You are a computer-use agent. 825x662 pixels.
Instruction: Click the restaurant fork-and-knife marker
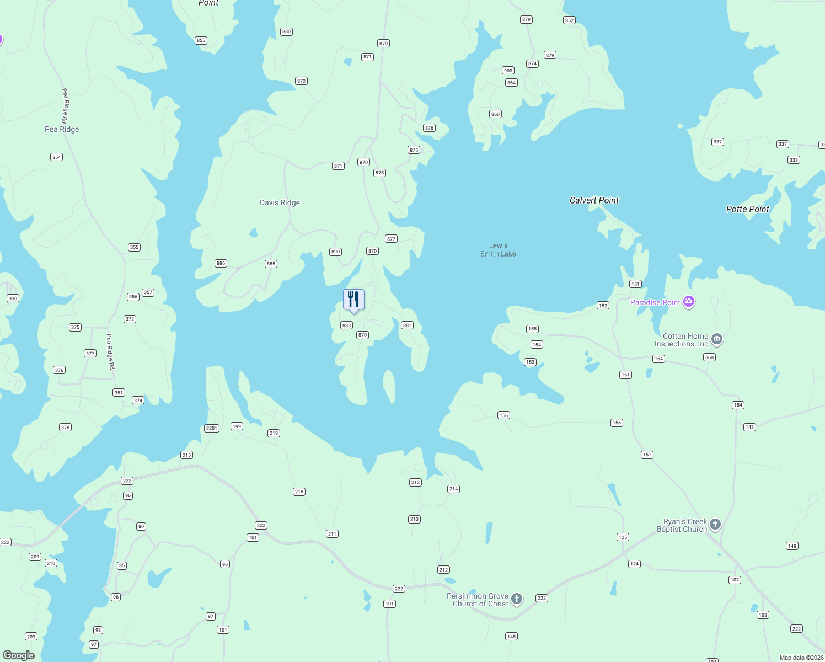[353, 300]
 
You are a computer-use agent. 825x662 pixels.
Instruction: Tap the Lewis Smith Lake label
[498, 250]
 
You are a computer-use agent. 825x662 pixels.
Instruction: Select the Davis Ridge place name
[280, 202]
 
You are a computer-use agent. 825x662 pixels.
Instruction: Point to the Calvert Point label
[594, 200]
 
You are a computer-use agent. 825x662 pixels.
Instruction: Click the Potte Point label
[747, 209]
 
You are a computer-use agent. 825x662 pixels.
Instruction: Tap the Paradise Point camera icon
[688, 302]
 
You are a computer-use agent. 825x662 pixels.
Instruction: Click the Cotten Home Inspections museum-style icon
[716, 339]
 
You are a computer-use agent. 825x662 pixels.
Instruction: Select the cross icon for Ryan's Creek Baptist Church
[715, 524]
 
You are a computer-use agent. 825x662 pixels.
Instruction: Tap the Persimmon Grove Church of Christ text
[478, 600]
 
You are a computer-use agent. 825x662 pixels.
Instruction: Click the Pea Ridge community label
[62, 129]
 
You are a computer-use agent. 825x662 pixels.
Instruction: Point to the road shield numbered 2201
[212, 428]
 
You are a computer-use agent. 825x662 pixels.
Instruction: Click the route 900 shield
[508, 71]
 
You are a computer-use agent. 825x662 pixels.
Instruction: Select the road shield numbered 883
[346, 325]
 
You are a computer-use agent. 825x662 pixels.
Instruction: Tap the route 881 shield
[407, 325]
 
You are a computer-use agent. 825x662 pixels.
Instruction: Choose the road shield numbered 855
[201, 40]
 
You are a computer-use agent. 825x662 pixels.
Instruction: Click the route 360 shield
[709, 357]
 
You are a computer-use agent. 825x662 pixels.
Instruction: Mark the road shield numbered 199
[237, 426]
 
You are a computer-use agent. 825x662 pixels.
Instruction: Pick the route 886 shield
[221, 263]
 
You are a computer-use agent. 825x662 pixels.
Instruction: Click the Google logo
[19, 655]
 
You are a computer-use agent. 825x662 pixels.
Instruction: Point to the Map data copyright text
[801, 658]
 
